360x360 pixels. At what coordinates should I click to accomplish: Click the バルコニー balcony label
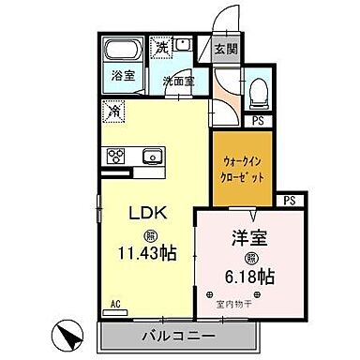[x=178, y=336]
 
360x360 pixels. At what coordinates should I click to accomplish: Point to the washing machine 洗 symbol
[x=161, y=48]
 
